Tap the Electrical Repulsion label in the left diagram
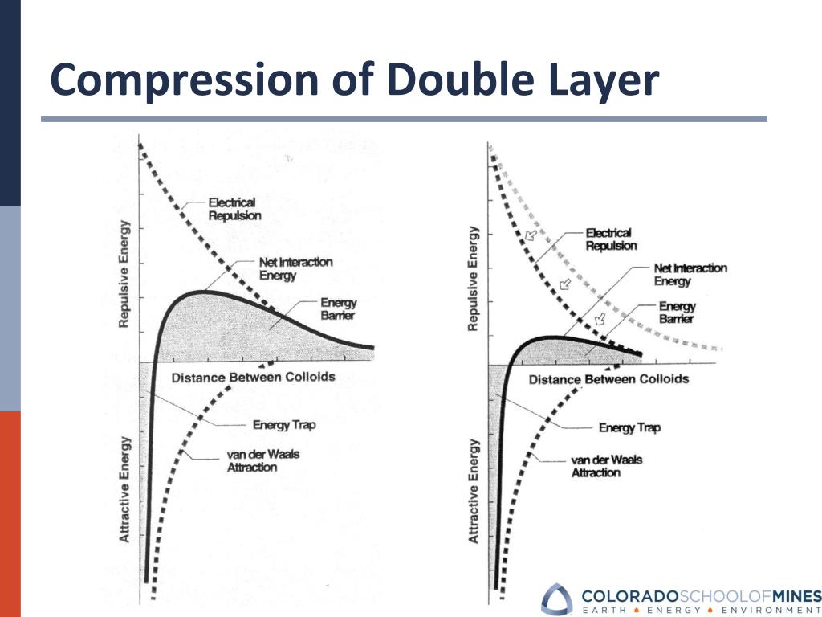232,209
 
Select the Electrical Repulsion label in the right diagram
611,239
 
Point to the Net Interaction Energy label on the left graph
295,268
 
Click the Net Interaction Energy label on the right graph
690,275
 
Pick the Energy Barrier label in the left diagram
338,309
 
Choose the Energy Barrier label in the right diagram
677,312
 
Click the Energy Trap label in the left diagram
283,425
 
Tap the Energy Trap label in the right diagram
629,427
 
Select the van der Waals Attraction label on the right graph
607,466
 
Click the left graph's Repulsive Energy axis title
124,274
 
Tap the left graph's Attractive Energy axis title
125,488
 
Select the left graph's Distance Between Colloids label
253,377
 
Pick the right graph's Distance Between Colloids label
608,378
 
